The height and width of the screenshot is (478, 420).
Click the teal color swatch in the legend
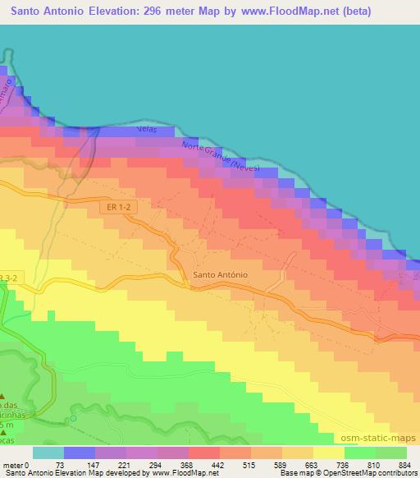(x=48, y=453)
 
